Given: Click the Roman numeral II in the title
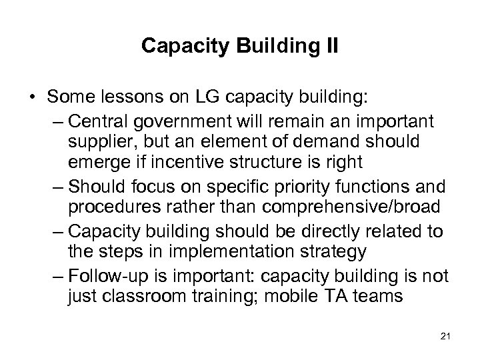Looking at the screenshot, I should coord(331,45).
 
